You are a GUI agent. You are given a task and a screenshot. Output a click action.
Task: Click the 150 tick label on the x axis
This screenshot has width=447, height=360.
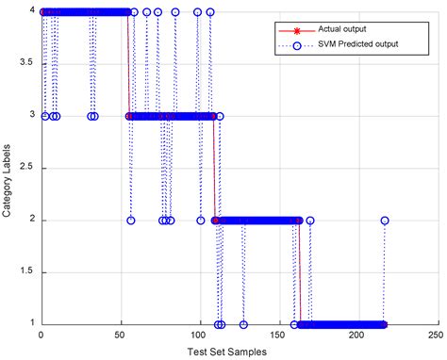[x=277, y=335]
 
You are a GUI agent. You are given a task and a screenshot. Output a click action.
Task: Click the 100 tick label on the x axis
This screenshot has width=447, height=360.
[x=198, y=335]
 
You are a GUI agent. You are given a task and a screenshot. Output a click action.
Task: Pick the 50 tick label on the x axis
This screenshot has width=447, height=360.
[x=120, y=335]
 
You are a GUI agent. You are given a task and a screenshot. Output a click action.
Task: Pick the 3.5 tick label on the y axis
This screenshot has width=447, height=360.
[x=27, y=64]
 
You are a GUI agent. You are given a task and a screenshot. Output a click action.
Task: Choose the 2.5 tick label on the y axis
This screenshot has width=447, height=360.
[x=27, y=168]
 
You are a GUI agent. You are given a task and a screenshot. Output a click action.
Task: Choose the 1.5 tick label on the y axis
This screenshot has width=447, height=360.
[x=27, y=272]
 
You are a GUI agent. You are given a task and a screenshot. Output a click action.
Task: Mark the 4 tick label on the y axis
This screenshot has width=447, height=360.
[x=32, y=12]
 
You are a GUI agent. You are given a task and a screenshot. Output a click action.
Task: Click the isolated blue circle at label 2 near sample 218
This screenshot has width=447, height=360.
[x=385, y=221]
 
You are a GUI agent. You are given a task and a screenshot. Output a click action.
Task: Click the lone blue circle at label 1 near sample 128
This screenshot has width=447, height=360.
[x=243, y=325]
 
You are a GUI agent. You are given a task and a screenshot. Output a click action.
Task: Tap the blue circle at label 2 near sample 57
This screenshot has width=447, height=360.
[x=130, y=221]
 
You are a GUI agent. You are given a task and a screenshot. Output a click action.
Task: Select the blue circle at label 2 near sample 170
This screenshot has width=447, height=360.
[x=309, y=221]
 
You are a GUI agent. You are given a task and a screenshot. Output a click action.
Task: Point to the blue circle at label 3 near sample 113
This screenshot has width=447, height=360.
[x=220, y=116]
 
